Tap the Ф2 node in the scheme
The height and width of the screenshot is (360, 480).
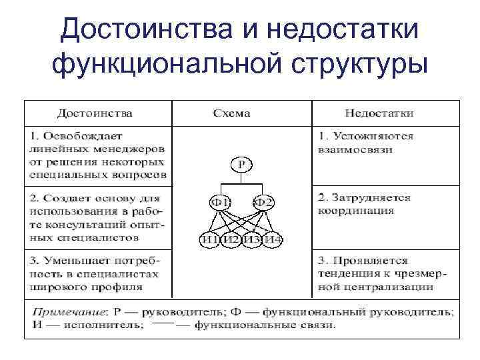tap(263, 201)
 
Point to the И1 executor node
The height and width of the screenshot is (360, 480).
tap(211, 240)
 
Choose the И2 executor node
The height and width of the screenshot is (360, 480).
tap(231, 240)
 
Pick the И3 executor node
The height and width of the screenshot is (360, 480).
tap(251, 240)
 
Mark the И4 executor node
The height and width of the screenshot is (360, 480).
tap(273, 240)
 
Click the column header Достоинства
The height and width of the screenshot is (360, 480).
tap(94, 113)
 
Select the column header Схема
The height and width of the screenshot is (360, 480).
tap(231, 113)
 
